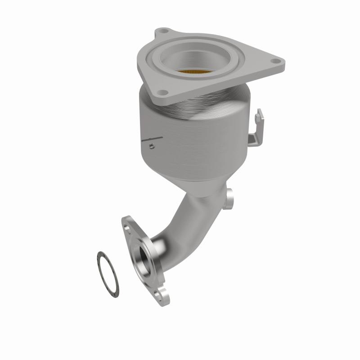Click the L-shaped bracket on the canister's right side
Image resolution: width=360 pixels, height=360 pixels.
(257, 130)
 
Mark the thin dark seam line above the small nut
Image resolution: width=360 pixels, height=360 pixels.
(150, 137)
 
